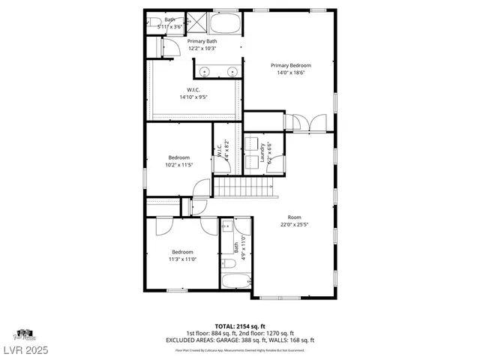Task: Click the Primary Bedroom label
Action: pyautogui.click(x=291, y=66)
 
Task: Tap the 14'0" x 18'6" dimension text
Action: pyautogui.click(x=291, y=73)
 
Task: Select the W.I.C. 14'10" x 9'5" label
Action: pyautogui.click(x=193, y=93)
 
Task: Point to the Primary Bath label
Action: pyautogui.click(x=202, y=41)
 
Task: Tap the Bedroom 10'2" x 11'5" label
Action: pyautogui.click(x=178, y=160)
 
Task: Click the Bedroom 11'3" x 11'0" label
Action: pyautogui.click(x=183, y=255)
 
